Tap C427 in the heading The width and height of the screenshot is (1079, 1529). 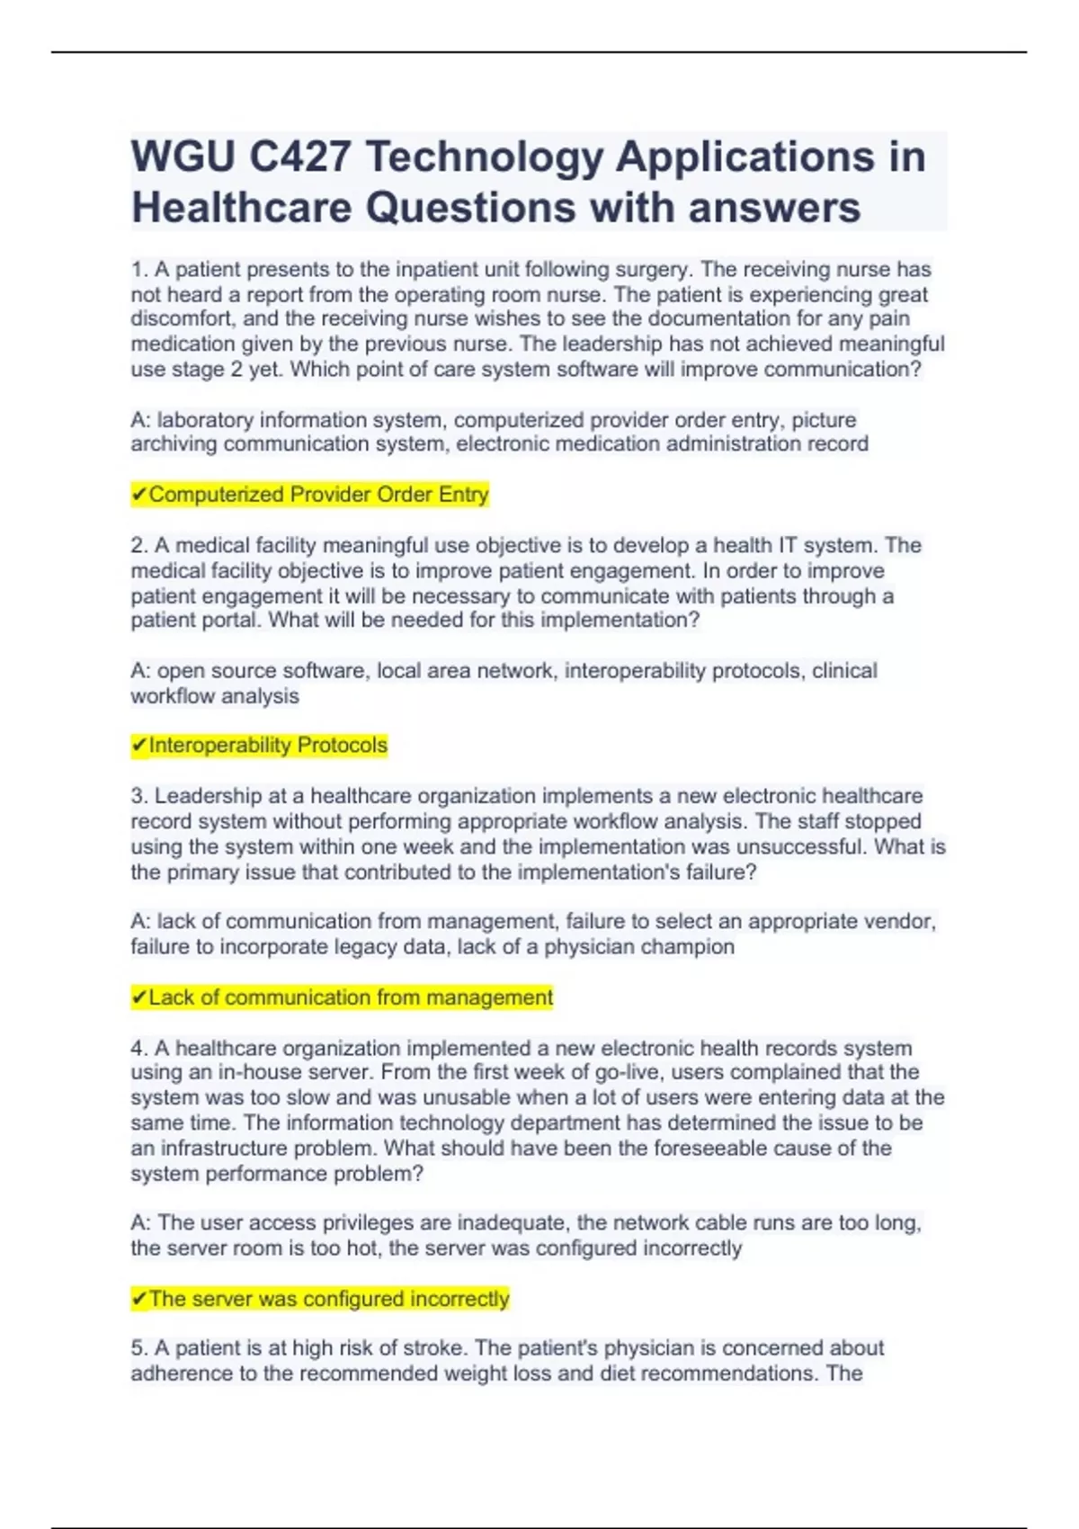(299, 157)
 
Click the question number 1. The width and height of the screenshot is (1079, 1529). (138, 270)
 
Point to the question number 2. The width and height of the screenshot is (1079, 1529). (138, 546)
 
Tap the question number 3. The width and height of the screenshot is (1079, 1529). (138, 797)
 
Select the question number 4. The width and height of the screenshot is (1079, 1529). (138, 1049)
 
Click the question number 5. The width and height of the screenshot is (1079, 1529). (138, 1348)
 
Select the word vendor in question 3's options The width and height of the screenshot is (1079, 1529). (899, 922)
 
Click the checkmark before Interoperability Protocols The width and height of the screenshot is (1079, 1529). (139, 746)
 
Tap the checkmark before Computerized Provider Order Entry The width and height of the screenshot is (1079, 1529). (139, 495)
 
